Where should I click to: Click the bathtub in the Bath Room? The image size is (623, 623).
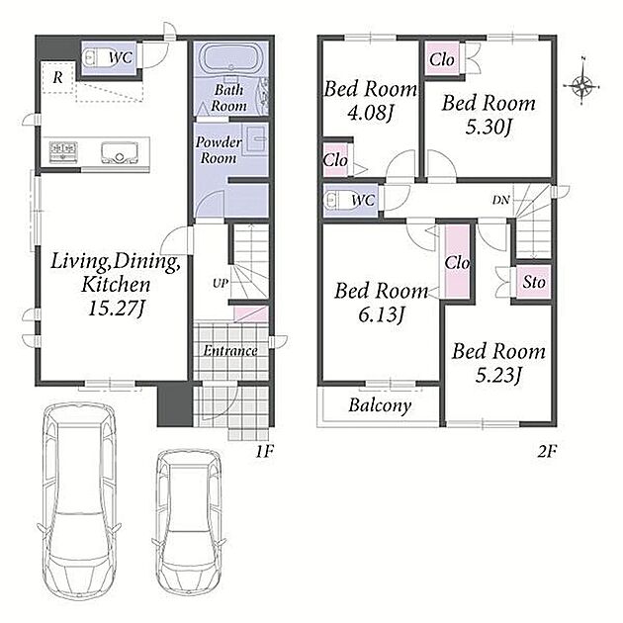[230, 58]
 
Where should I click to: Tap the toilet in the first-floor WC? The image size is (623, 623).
[94, 58]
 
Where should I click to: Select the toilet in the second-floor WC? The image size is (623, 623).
[336, 201]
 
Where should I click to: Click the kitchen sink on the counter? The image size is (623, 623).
[120, 152]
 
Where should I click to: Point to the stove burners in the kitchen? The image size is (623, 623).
[63, 151]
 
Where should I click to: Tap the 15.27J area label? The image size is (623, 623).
[116, 309]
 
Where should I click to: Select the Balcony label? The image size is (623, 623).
[380, 405]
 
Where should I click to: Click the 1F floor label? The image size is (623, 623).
[263, 451]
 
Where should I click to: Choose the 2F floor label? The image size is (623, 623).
[547, 451]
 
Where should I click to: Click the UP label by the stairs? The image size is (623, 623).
[221, 283]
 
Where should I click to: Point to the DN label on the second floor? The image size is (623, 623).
[500, 200]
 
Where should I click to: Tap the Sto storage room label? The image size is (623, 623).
[533, 282]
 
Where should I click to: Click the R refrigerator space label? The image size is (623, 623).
[58, 77]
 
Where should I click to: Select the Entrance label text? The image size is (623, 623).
[230, 350]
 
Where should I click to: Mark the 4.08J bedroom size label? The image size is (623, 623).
[370, 114]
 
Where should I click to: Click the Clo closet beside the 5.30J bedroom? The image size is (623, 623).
[442, 59]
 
